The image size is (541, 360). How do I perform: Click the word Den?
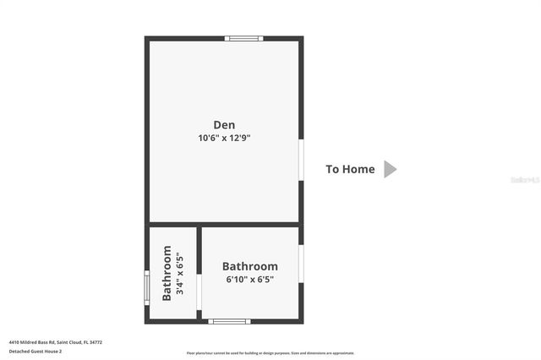224,124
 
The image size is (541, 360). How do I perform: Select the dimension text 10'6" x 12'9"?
224,137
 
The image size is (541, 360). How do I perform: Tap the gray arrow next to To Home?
390,169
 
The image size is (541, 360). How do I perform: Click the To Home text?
350,169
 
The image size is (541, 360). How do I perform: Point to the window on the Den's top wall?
244,38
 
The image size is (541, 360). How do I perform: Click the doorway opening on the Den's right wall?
301,159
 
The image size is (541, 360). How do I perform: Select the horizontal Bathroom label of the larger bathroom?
249,265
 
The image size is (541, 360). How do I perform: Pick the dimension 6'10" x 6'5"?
249,279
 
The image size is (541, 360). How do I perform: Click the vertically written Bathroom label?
167,273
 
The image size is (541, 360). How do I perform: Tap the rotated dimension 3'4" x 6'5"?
178,273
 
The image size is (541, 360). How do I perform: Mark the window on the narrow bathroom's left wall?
147,286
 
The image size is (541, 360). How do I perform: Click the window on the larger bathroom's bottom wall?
229,321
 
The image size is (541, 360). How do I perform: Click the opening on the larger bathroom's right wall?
301,262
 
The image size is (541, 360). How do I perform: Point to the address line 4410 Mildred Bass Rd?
56,342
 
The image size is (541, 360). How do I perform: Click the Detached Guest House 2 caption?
36,351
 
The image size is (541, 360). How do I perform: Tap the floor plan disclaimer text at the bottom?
270,353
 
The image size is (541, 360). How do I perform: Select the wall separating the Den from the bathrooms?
224,224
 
